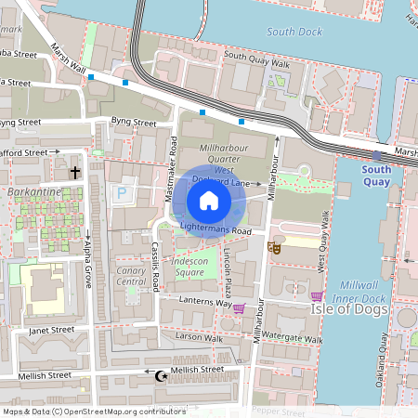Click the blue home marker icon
point(208,201)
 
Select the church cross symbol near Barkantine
point(75,173)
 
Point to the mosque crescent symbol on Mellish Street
point(159,376)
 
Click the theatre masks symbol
point(274,247)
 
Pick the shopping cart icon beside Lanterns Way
point(240,308)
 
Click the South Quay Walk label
point(257,64)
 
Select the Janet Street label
point(50,329)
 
